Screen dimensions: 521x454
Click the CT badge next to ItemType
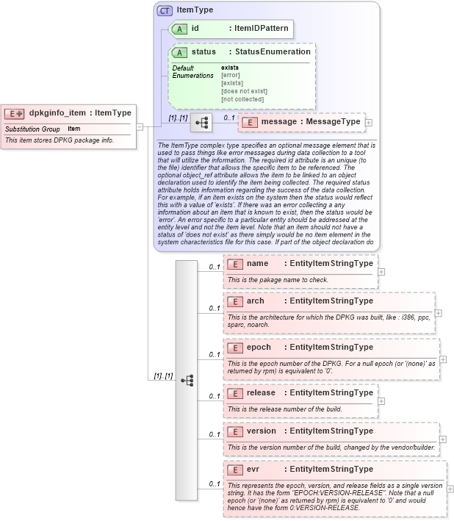pos(165,10)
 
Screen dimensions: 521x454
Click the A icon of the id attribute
pos(179,29)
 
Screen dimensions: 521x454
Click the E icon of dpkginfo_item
pos(15,113)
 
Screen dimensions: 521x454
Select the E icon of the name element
pos(235,264)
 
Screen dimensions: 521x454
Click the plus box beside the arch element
pos(439,312)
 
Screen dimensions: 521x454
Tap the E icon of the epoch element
pos(235,348)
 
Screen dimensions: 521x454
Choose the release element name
pos(261,393)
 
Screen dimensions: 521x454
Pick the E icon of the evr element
pos(235,470)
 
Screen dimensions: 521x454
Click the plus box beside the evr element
pos(450,488)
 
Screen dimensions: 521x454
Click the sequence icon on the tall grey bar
pos(187,379)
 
